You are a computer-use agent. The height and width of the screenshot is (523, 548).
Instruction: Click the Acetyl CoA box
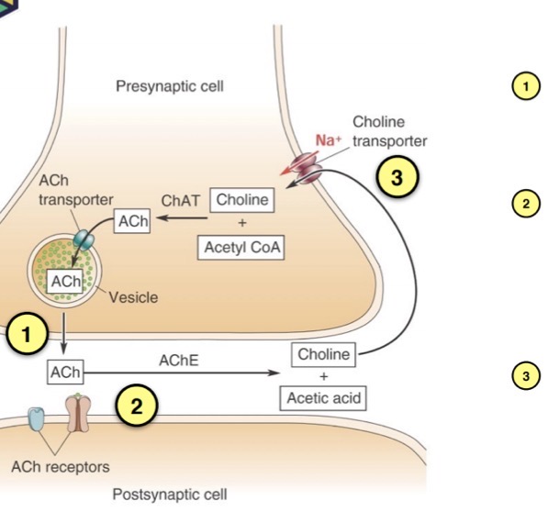tap(240, 248)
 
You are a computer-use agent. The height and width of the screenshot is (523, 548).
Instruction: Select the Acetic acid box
tap(323, 398)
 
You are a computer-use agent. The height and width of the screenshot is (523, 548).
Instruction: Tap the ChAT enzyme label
tap(180, 201)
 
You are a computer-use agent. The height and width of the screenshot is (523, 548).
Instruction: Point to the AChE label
tap(179, 361)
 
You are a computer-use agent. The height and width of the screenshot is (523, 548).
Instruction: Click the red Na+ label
tap(329, 140)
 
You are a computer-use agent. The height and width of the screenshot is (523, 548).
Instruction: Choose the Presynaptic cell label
tap(170, 86)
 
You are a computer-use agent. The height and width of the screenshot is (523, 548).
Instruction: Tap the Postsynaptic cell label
tap(170, 495)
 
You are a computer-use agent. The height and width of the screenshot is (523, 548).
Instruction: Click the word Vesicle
tap(133, 297)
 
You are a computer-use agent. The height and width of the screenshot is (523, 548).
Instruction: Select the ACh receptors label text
tap(61, 467)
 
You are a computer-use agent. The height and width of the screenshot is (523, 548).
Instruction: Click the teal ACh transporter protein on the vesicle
tap(84, 239)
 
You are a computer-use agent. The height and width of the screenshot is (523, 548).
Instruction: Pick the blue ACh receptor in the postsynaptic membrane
tap(37, 418)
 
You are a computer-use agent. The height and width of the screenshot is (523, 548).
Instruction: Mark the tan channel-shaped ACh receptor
tap(78, 413)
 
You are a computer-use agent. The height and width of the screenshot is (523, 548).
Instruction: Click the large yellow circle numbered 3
tap(397, 177)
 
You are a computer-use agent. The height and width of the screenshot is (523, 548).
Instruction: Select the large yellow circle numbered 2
tap(137, 406)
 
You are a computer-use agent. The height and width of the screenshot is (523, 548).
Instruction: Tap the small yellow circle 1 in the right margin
tap(526, 86)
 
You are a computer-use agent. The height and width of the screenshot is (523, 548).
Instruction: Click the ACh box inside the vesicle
tap(65, 282)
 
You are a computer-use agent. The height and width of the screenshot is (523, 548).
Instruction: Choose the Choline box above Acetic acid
tap(323, 354)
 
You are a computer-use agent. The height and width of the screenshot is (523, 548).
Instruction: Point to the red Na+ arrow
tap(299, 162)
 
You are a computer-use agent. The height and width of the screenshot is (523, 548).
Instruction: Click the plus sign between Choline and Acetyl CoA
tap(241, 223)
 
